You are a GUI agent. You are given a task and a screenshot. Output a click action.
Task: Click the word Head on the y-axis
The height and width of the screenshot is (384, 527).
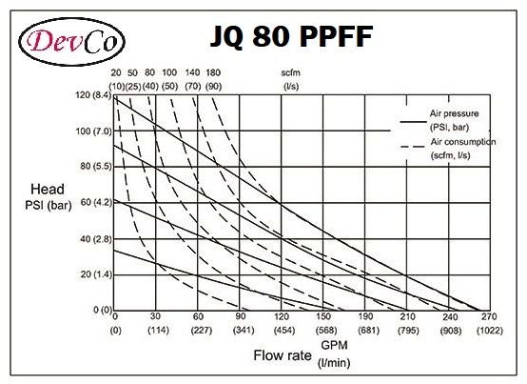(48, 189)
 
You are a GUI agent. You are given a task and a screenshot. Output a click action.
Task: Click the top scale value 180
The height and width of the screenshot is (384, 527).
(213, 73)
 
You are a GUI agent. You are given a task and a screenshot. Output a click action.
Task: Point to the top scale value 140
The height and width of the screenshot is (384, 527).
(193, 73)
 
